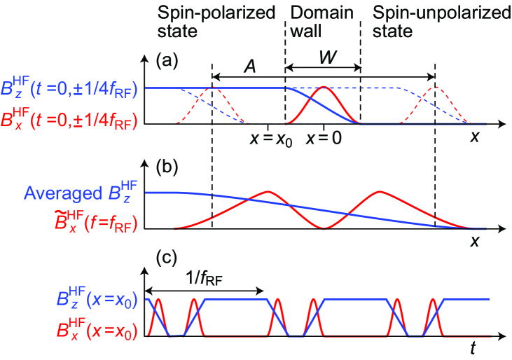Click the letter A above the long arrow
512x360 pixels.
(x=249, y=65)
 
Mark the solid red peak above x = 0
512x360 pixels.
(x=324, y=88)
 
